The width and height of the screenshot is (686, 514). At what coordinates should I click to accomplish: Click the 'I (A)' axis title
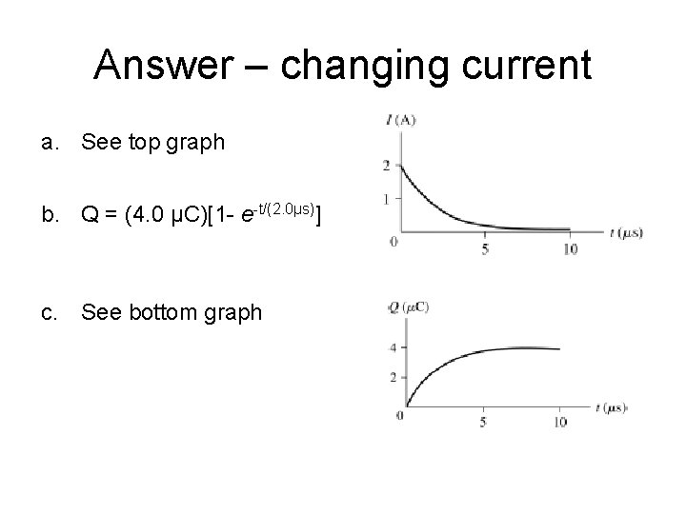point(402,121)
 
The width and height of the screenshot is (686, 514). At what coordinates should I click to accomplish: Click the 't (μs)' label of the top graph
point(626,231)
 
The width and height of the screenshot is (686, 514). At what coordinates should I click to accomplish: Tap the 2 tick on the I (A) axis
point(386,167)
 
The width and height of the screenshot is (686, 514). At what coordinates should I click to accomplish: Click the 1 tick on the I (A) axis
point(386,198)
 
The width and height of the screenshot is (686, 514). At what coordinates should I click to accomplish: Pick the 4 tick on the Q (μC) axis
point(392,347)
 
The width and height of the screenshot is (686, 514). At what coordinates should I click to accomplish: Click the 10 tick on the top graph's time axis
point(569,249)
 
